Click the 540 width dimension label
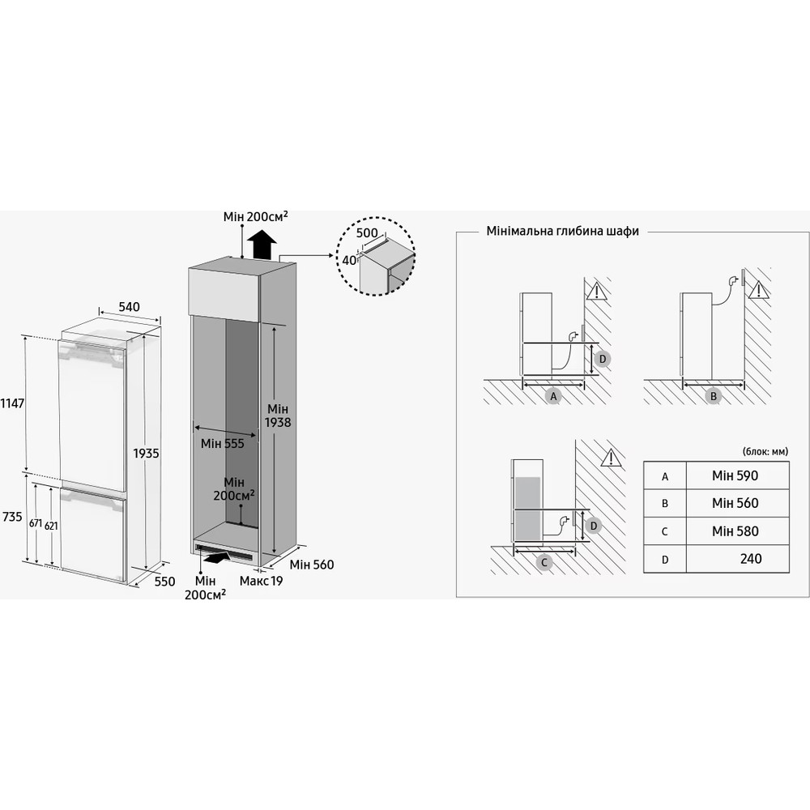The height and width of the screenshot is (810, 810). [x=130, y=307]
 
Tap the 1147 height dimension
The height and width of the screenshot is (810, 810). [x=11, y=403]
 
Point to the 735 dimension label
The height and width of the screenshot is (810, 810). [x=11, y=516]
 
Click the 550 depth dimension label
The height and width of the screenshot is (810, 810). [x=165, y=582]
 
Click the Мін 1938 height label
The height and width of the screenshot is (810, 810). [x=276, y=416]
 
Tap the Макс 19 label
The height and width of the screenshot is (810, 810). [x=262, y=582]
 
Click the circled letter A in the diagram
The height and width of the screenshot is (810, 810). [x=554, y=396]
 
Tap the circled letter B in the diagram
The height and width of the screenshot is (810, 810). [x=714, y=396]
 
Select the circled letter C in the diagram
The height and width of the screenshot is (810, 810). [x=544, y=561]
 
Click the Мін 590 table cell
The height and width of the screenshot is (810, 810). [x=735, y=475]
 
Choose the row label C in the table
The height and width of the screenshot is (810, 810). [x=665, y=531]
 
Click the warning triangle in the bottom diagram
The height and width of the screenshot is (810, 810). [x=610, y=459]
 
